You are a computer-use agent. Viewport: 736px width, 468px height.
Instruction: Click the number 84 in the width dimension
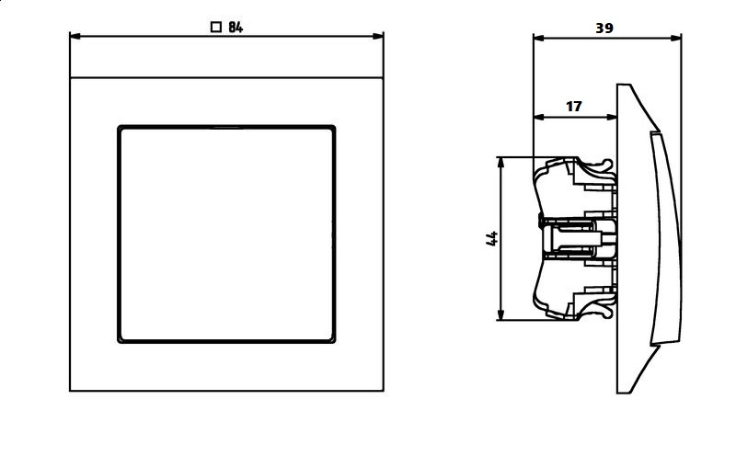(x=235, y=28)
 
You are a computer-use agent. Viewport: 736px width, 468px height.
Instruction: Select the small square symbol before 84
(x=215, y=28)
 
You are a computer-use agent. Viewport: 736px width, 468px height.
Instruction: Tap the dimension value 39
(x=604, y=28)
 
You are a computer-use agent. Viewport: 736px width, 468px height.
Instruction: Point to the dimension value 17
(x=573, y=107)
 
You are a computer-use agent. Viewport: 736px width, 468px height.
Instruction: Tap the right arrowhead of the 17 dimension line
(x=612, y=117)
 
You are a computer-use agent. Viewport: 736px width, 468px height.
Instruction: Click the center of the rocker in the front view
(x=226, y=234)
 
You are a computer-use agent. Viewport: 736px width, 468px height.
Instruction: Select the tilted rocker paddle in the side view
(x=664, y=237)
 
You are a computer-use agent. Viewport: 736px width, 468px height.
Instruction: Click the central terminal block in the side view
(x=570, y=238)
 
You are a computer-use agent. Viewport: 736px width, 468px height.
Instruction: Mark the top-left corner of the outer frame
(x=71, y=78)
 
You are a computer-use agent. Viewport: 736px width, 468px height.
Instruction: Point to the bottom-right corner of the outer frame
(x=383, y=390)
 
